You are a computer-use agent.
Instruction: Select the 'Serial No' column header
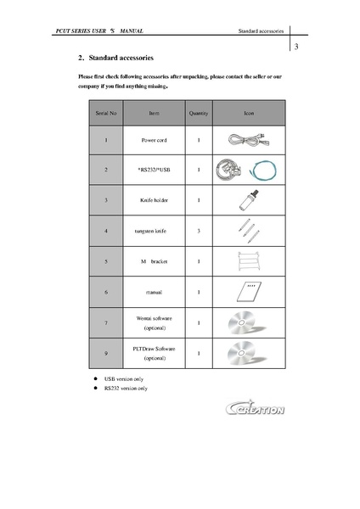click(x=106, y=112)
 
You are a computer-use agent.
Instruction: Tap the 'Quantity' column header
click(x=198, y=112)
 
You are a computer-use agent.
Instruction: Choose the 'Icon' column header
click(x=248, y=112)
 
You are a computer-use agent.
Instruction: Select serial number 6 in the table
click(x=106, y=292)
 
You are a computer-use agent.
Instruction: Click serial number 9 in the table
click(x=106, y=353)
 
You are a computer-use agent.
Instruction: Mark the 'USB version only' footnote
click(x=124, y=378)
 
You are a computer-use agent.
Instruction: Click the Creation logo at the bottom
click(x=256, y=409)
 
